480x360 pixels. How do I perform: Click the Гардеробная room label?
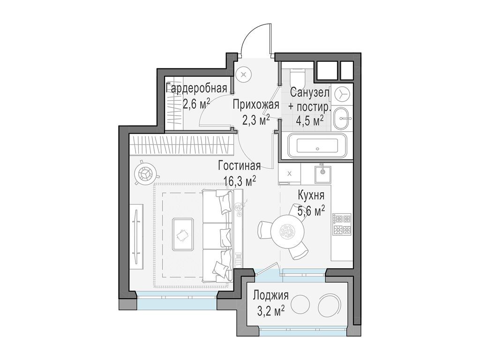197,88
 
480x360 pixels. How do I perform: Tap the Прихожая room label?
256,105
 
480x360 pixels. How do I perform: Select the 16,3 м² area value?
240,180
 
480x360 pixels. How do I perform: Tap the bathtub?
317,146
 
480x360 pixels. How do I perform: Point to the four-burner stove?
342,224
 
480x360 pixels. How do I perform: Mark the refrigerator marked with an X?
288,174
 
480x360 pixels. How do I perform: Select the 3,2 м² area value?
269,310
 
